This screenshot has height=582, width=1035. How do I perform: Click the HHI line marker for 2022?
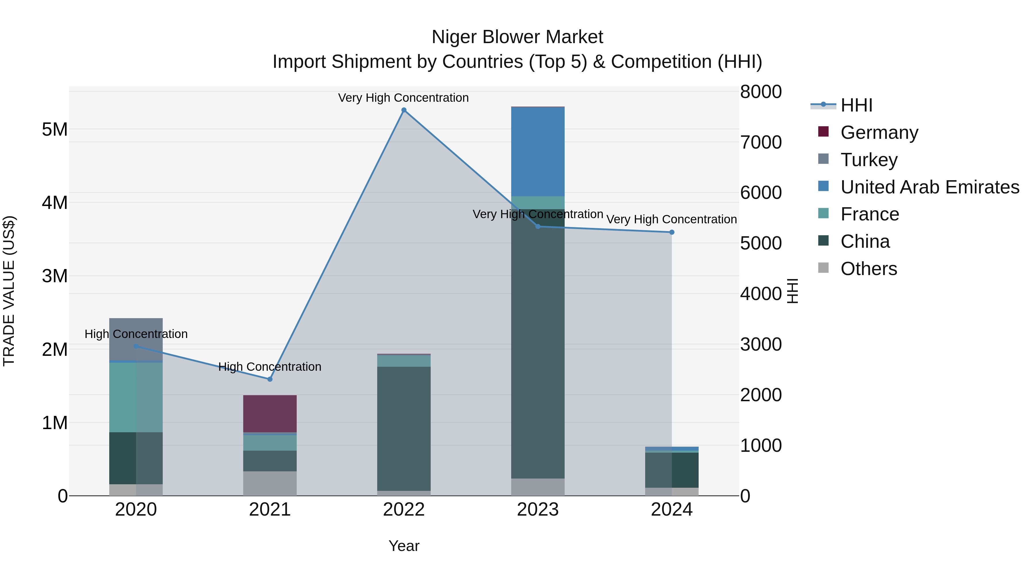click(x=404, y=110)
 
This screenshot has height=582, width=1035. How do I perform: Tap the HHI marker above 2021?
click(x=270, y=379)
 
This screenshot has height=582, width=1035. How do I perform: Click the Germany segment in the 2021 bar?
click(x=270, y=414)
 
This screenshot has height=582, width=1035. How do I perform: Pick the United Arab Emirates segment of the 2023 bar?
click(x=538, y=152)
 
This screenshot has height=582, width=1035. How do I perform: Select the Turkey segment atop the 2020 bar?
click(x=136, y=339)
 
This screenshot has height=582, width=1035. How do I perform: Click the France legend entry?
click(x=869, y=214)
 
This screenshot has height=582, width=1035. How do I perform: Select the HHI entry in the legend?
click(x=856, y=105)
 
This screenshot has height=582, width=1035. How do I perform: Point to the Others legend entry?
click(x=868, y=269)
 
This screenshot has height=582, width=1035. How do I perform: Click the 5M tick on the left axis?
click(x=55, y=129)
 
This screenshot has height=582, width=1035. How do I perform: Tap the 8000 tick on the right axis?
click(x=760, y=92)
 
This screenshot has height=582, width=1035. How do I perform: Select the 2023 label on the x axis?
click(x=538, y=510)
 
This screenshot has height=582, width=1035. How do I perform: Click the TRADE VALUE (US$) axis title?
click(x=9, y=291)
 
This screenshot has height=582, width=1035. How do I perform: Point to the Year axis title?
click(x=404, y=546)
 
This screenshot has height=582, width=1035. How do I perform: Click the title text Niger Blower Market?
click(x=517, y=37)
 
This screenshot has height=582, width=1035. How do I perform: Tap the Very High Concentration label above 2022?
click(x=403, y=98)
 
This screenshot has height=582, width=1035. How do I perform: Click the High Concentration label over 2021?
click(x=270, y=367)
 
